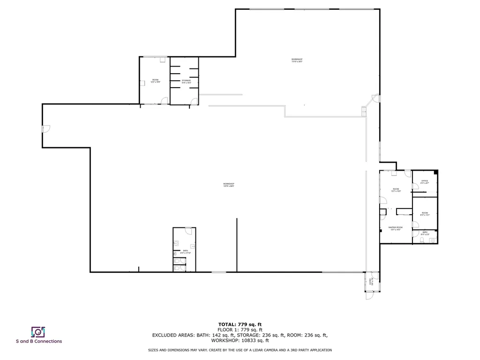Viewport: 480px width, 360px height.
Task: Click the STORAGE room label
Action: (x=187, y=81)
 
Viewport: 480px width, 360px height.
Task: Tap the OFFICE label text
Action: (x=425, y=181)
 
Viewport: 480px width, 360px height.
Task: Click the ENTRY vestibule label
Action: (x=371, y=281)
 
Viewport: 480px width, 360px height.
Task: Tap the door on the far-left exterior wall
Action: (x=45, y=129)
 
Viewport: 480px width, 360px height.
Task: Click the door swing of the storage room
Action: (x=193, y=100)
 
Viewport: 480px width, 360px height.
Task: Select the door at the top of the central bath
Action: (x=188, y=230)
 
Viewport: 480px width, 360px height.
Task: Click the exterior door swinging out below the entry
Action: (x=369, y=296)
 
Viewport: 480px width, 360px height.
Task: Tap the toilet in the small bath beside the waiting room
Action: (x=422, y=240)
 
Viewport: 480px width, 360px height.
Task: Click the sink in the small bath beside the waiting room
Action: (x=432, y=240)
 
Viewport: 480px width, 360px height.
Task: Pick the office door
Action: (x=415, y=189)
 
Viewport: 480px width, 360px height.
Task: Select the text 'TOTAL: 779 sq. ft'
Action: (x=240, y=324)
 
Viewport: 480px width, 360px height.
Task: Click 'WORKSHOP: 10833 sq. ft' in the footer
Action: (x=240, y=341)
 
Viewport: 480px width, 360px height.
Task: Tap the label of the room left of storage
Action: (x=156, y=81)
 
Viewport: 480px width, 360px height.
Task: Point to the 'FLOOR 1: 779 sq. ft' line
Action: (x=240, y=330)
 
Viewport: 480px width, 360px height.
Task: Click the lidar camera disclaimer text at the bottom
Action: (x=240, y=350)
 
